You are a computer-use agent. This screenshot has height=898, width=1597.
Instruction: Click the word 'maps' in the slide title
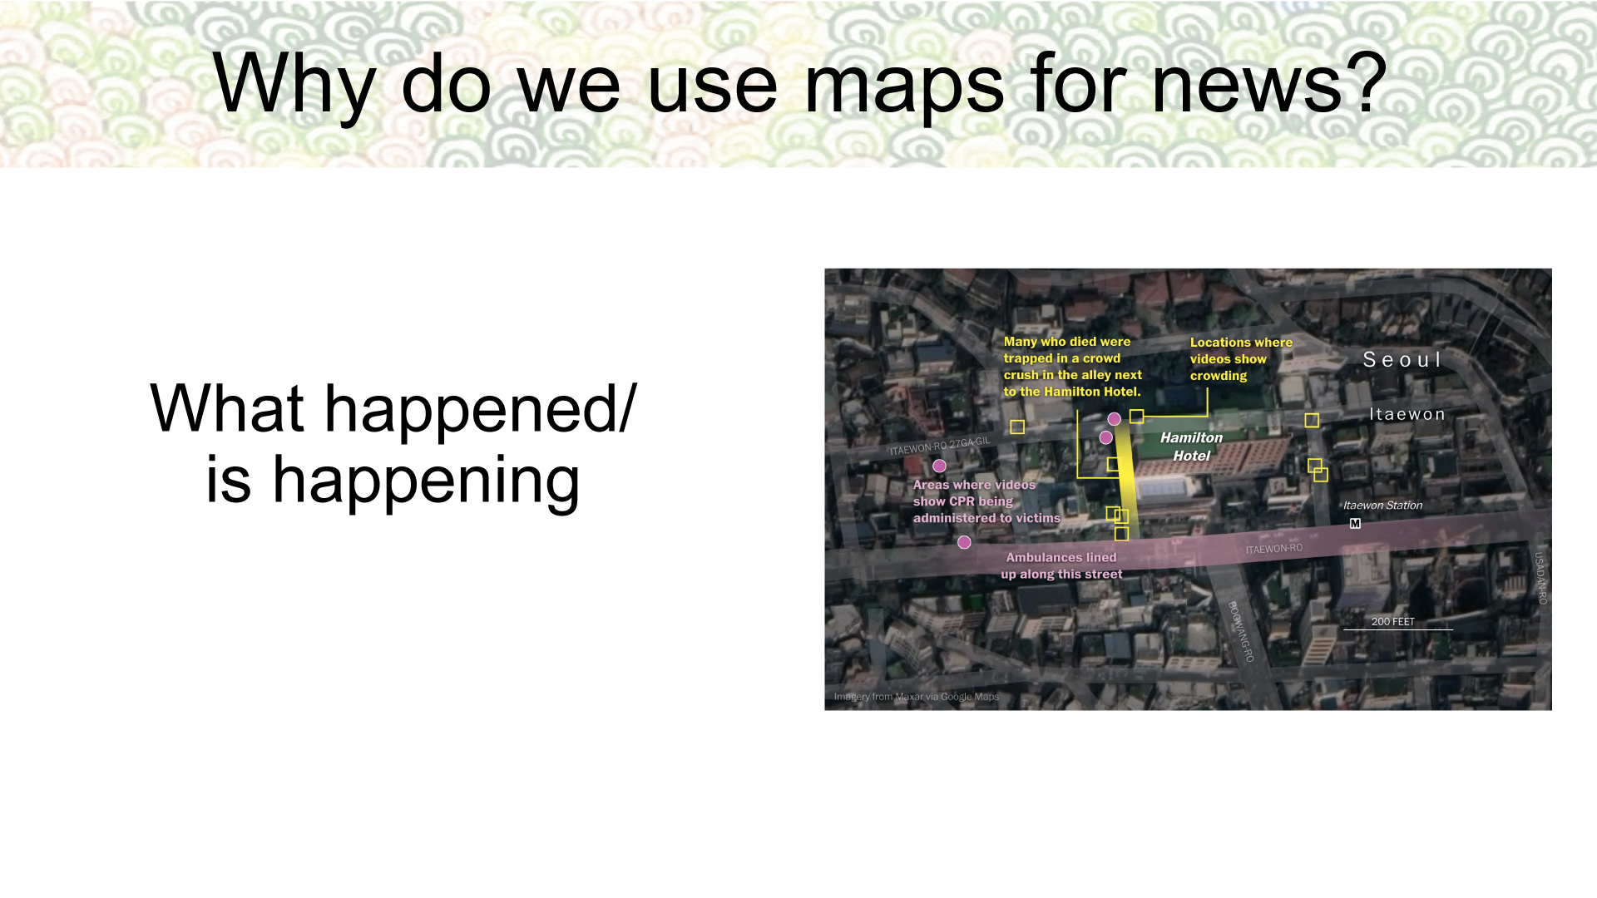coord(904,85)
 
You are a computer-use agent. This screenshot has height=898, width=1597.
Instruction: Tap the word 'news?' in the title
coord(1269,83)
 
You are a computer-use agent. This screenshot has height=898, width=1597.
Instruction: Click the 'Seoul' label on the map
coord(1402,360)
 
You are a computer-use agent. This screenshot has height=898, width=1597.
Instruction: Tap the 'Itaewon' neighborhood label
coord(1407,414)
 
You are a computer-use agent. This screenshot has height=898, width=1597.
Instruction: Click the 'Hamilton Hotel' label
coord(1191,447)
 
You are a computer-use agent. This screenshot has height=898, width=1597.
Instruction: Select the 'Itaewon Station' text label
coord(1382,506)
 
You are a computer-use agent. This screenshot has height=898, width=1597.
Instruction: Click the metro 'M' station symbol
coord(1355,524)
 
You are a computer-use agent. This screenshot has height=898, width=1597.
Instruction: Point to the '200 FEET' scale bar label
coord(1392,622)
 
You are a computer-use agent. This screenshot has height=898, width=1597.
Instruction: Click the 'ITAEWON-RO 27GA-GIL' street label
coord(940,447)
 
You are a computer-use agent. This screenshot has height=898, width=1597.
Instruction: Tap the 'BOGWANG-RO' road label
coord(1241,631)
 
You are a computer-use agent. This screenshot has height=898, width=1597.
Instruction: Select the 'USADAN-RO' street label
coord(1540,578)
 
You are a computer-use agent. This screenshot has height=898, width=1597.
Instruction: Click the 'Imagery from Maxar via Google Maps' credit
coord(917,697)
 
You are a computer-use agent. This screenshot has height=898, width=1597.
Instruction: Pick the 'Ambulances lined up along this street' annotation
coord(1061,566)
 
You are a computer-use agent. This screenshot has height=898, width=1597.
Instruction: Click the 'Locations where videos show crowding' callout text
coord(1241,359)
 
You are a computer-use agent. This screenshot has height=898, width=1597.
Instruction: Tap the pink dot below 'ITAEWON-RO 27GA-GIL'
coord(939,466)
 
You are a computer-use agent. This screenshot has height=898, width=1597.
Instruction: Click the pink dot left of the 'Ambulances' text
coord(964,542)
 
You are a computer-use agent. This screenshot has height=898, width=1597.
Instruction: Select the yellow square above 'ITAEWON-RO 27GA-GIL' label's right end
coord(1017,427)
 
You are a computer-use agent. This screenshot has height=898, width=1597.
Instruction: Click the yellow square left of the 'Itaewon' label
coord(1312,420)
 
